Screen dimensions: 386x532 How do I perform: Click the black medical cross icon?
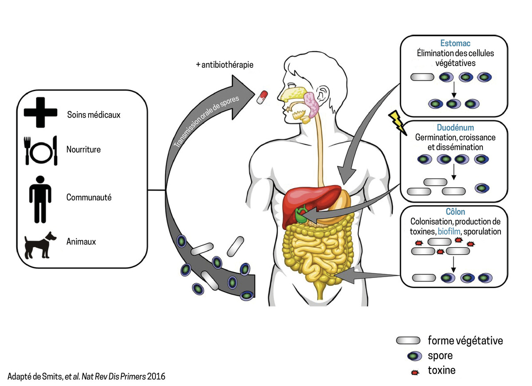tap(40, 112)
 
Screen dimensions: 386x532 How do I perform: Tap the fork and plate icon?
tap(41, 150)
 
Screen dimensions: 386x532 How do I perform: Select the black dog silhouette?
tap(40, 245)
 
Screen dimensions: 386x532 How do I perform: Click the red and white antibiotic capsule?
tap(262, 97)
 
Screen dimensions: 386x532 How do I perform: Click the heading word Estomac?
tap(455, 43)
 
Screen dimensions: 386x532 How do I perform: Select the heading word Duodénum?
tap(455, 128)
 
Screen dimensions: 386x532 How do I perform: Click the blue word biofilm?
tap(449, 231)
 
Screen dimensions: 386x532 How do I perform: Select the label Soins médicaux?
tap(94, 114)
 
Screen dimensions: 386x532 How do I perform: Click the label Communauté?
tap(89, 197)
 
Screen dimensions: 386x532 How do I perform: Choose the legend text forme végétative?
tap(465, 341)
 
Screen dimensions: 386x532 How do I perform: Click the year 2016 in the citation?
tap(156, 376)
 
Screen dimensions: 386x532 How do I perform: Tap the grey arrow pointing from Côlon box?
tap(366, 275)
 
